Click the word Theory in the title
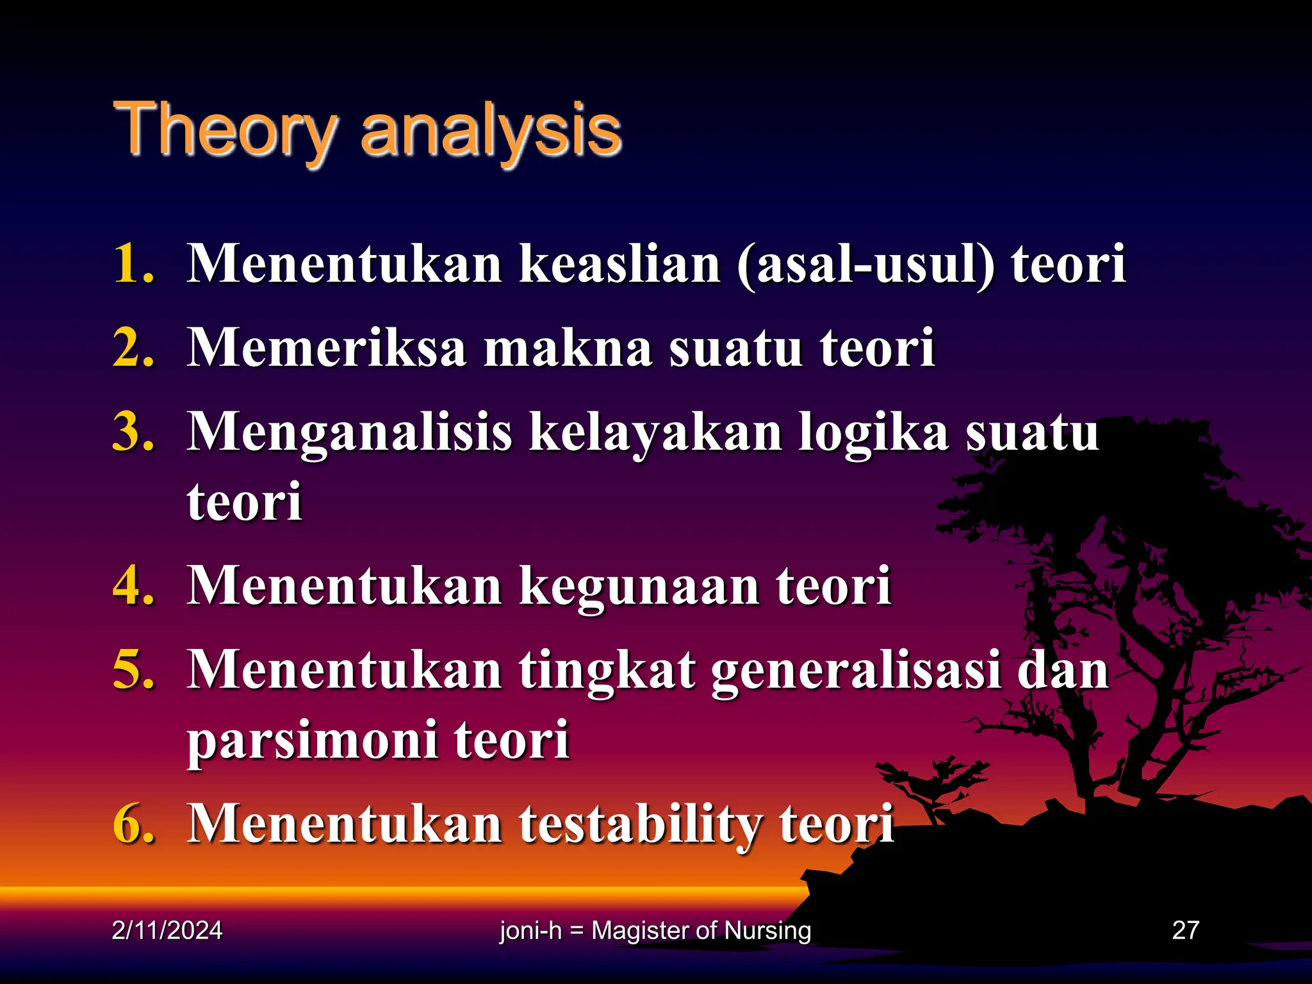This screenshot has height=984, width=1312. (x=224, y=131)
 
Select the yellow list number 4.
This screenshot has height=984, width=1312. (x=133, y=586)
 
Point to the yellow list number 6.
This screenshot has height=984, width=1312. (x=133, y=824)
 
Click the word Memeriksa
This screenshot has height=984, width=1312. (x=327, y=348)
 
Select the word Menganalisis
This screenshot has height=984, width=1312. (x=350, y=433)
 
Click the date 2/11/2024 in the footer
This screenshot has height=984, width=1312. (x=167, y=930)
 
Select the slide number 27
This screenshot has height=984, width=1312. (x=1185, y=930)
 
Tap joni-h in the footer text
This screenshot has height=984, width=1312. (x=530, y=930)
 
